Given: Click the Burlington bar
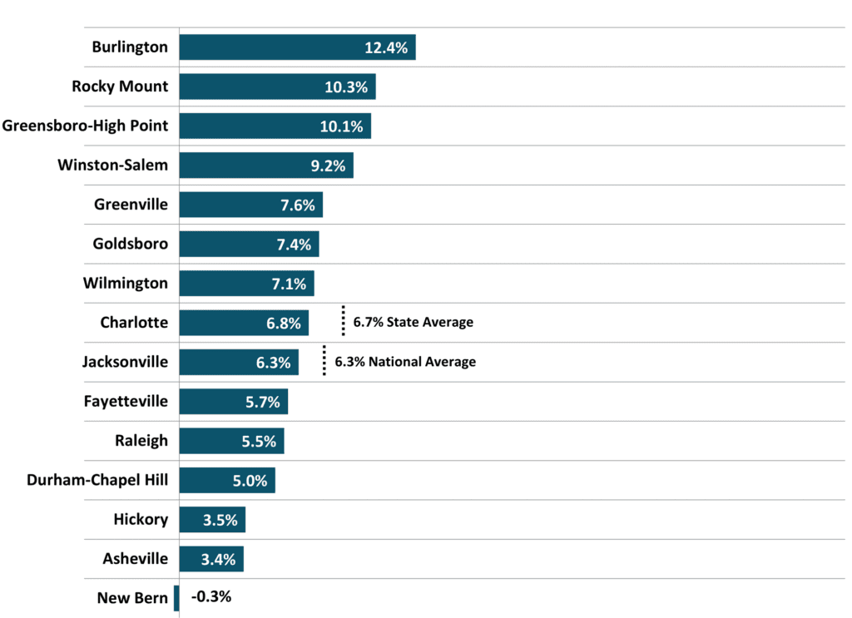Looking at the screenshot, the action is pos(297,47).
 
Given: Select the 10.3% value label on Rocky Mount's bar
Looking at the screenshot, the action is pos(346,87).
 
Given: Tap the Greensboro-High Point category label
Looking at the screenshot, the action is pos(86,126).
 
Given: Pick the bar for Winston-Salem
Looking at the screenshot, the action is pos(266,165).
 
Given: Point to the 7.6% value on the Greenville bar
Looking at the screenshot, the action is pos(298,205).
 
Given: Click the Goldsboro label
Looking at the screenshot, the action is pos(131,244).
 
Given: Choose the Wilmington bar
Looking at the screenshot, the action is pos(246,284).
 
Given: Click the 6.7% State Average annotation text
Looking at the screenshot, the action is pos(413,322).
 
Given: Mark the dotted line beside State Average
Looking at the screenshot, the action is pos(343,320).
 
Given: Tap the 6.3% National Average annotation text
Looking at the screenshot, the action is pos(405,362).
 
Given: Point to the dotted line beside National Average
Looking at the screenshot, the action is pos(324,360).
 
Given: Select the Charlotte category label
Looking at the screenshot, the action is pos(134,323).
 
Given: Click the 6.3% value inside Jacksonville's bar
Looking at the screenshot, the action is pos(273,363).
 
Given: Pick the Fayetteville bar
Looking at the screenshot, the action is pos(234,401).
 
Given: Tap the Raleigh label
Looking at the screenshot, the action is pos(141,441).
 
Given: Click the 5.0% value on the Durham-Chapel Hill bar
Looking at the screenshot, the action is pos(250,481).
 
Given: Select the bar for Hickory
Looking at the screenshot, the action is pos(212,520).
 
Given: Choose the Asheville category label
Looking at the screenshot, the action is pos(136,559).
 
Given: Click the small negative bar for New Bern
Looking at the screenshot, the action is pos(176,598).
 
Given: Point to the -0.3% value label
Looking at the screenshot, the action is pos(211,597).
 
